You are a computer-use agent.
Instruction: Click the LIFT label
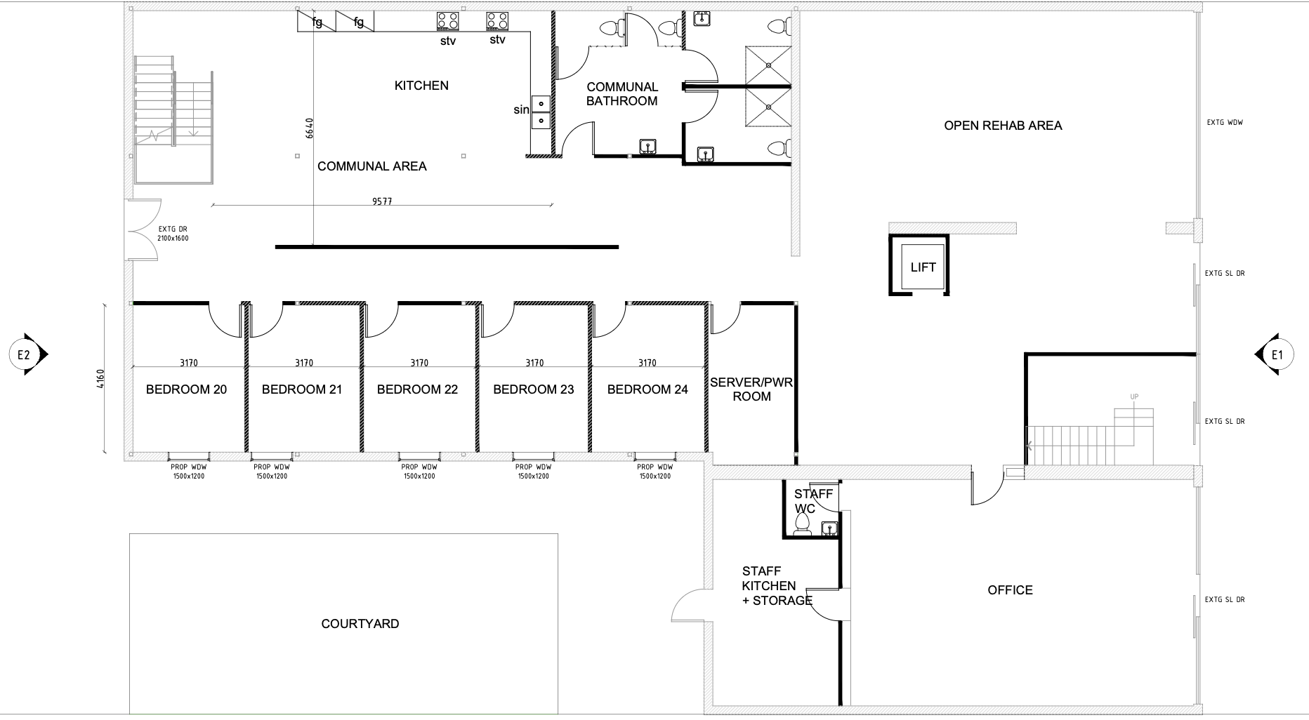pos(923,267)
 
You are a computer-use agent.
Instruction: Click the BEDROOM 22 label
pos(417,389)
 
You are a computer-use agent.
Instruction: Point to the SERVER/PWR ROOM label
pos(751,389)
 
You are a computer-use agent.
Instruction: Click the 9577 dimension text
pos(382,201)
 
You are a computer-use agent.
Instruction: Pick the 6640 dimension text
pos(309,128)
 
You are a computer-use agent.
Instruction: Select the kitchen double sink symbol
pos(541,112)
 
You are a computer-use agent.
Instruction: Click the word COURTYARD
pos(360,624)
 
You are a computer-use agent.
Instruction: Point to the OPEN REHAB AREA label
pos(1003,126)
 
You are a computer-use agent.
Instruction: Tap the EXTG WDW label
pos(1225,123)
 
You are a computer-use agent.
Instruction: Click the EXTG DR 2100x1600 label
pos(173,234)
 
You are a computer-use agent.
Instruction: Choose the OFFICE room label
pos(1010,590)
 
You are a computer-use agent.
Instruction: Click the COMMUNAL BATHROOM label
pos(622,94)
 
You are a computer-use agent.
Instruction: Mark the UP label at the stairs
pos(1134,397)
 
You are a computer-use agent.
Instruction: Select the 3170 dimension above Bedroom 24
pos(647,363)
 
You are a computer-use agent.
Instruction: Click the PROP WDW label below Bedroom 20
pos(189,472)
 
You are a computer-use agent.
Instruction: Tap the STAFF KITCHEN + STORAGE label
pos(777,586)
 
